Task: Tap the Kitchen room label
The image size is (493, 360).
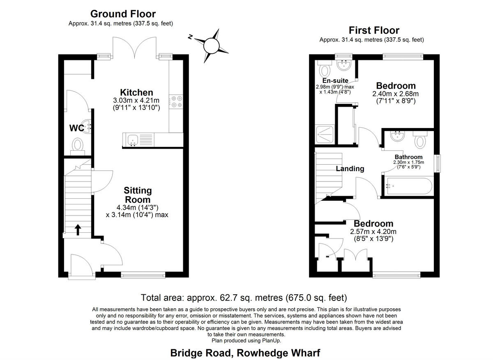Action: (x=136, y=92)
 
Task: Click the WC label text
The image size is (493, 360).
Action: (x=76, y=128)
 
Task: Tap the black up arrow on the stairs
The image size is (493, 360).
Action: (x=77, y=229)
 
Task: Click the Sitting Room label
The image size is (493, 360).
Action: (x=138, y=195)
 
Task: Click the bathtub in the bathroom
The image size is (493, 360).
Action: (x=408, y=186)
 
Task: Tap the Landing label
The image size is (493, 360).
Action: (x=350, y=168)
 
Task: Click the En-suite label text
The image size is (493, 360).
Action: (x=335, y=80)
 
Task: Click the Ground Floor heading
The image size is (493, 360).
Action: (x=123, y=14)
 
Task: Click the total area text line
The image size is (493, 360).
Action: (x=244, y=297)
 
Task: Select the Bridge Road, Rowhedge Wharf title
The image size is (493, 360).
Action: (x=245, y=353)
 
